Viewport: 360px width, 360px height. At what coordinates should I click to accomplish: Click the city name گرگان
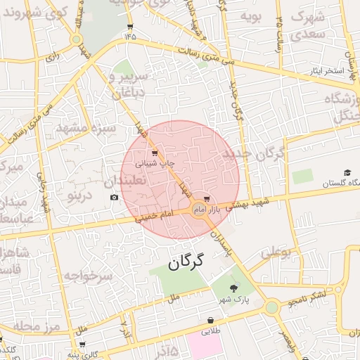click(x=186, y=262)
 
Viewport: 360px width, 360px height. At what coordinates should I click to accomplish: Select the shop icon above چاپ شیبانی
click(x=155, y=151)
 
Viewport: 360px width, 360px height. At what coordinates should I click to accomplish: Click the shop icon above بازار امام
click(x=206, y=200)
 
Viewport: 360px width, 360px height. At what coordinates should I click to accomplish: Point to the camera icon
click(x=114, y=198)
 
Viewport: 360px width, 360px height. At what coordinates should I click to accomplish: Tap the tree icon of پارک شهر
click(x=233, y=288)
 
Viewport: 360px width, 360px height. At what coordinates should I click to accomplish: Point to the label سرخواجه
click(x=88, y=276)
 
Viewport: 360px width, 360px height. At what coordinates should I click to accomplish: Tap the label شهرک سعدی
click(x=310, y=24)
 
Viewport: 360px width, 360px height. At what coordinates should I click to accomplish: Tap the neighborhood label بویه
click(x=251, y=15)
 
